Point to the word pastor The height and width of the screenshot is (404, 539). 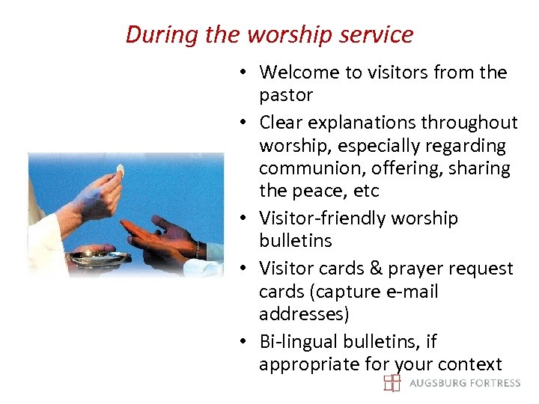[286, 96]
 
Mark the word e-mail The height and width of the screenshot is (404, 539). [411, 291]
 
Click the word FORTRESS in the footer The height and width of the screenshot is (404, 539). [491, 383]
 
